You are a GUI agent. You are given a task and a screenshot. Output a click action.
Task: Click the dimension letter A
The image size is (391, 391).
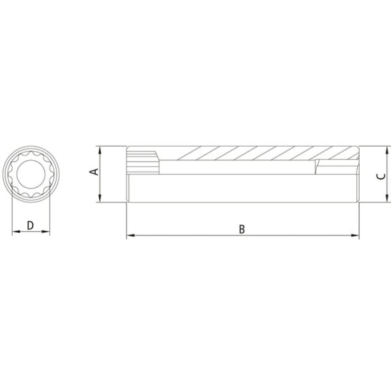point(94,172)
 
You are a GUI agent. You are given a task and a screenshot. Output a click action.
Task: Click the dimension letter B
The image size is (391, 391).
point(242,229)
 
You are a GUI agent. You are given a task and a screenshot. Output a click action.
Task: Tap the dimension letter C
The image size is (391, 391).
point(381,176)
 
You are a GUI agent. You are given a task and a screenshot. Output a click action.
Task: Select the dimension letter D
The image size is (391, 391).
point(30,225)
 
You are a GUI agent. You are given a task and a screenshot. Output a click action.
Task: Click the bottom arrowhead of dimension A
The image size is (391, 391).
point(100,198)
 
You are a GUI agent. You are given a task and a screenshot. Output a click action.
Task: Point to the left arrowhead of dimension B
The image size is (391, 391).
point(130,235)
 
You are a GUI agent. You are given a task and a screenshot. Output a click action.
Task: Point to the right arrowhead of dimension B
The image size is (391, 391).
point(355,235)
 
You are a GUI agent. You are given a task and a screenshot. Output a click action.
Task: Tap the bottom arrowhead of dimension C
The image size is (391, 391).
point(387,198)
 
